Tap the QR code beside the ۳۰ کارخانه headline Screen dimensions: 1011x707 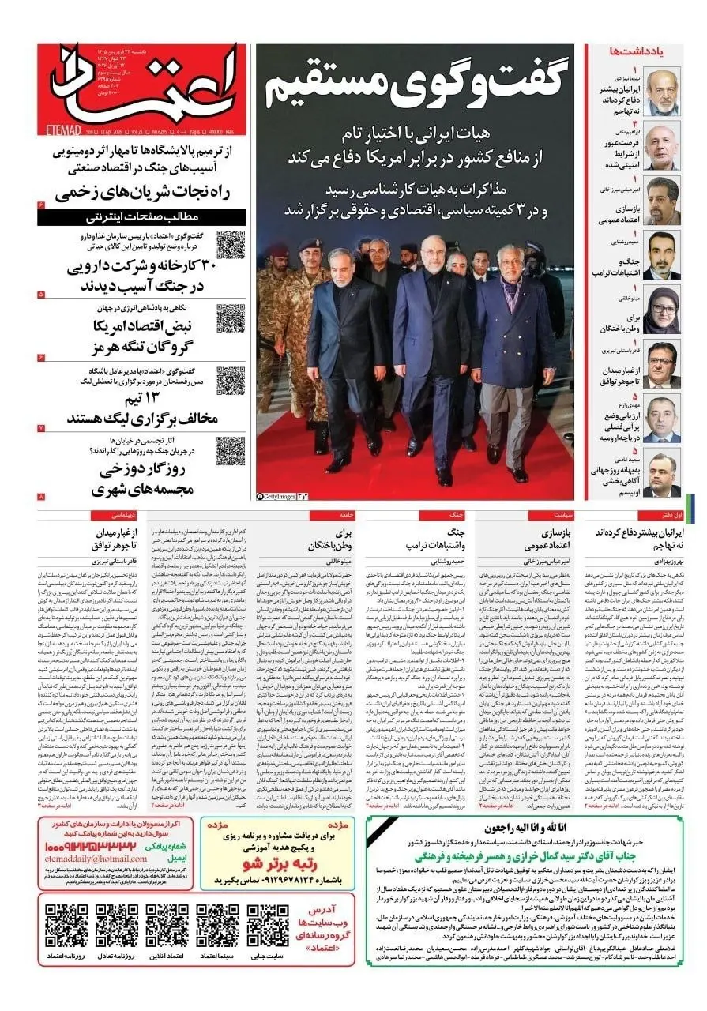coord(231,245)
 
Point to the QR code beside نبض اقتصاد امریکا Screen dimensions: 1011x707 coord(231,318)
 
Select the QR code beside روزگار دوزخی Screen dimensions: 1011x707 coord(231,451)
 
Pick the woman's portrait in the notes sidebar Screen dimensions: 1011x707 coord(661,310)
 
